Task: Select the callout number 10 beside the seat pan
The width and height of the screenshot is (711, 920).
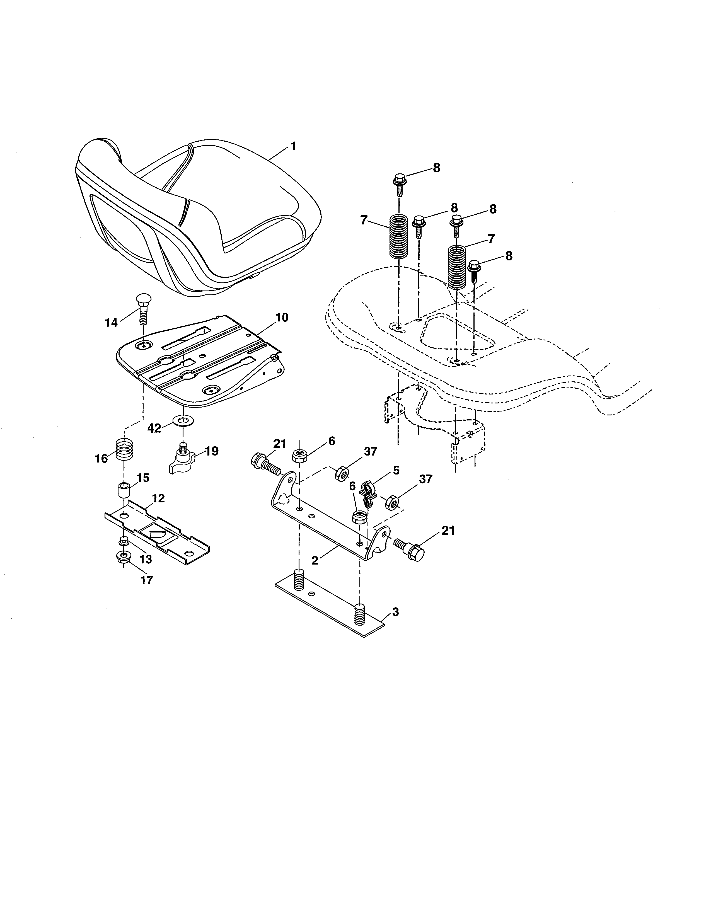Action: coord(282,317)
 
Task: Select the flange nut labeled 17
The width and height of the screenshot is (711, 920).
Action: coord(123,557)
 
